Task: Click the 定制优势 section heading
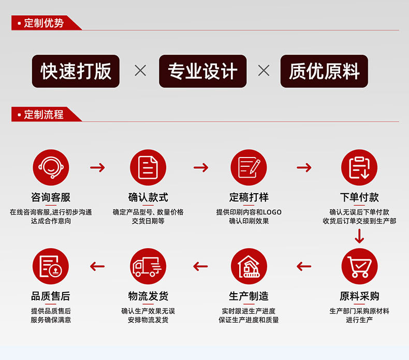pos(44,23)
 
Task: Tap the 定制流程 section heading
pos(44,114)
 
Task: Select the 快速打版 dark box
pos(76,71)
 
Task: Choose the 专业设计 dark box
pos(202,71)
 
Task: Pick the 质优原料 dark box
pos(324,71)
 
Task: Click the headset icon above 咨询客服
pos(51,167)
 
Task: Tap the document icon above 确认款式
pos(148,167)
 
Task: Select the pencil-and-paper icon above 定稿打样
pos(249,167)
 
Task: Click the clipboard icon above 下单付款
pos(359,167)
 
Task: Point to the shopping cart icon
pos(359,266)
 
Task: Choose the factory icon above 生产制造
pos(249,266)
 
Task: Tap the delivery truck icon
pos(148,266)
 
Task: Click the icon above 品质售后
pos(51,266)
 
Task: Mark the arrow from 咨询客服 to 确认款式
pos(97,167)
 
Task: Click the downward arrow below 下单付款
pos(359,236)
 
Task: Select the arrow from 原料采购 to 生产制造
pos(304,266)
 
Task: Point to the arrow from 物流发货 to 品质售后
pos(97,266)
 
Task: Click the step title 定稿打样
pos(249,197)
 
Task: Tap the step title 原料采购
pos(359,296)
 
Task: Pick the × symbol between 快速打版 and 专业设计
pos(140,70)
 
